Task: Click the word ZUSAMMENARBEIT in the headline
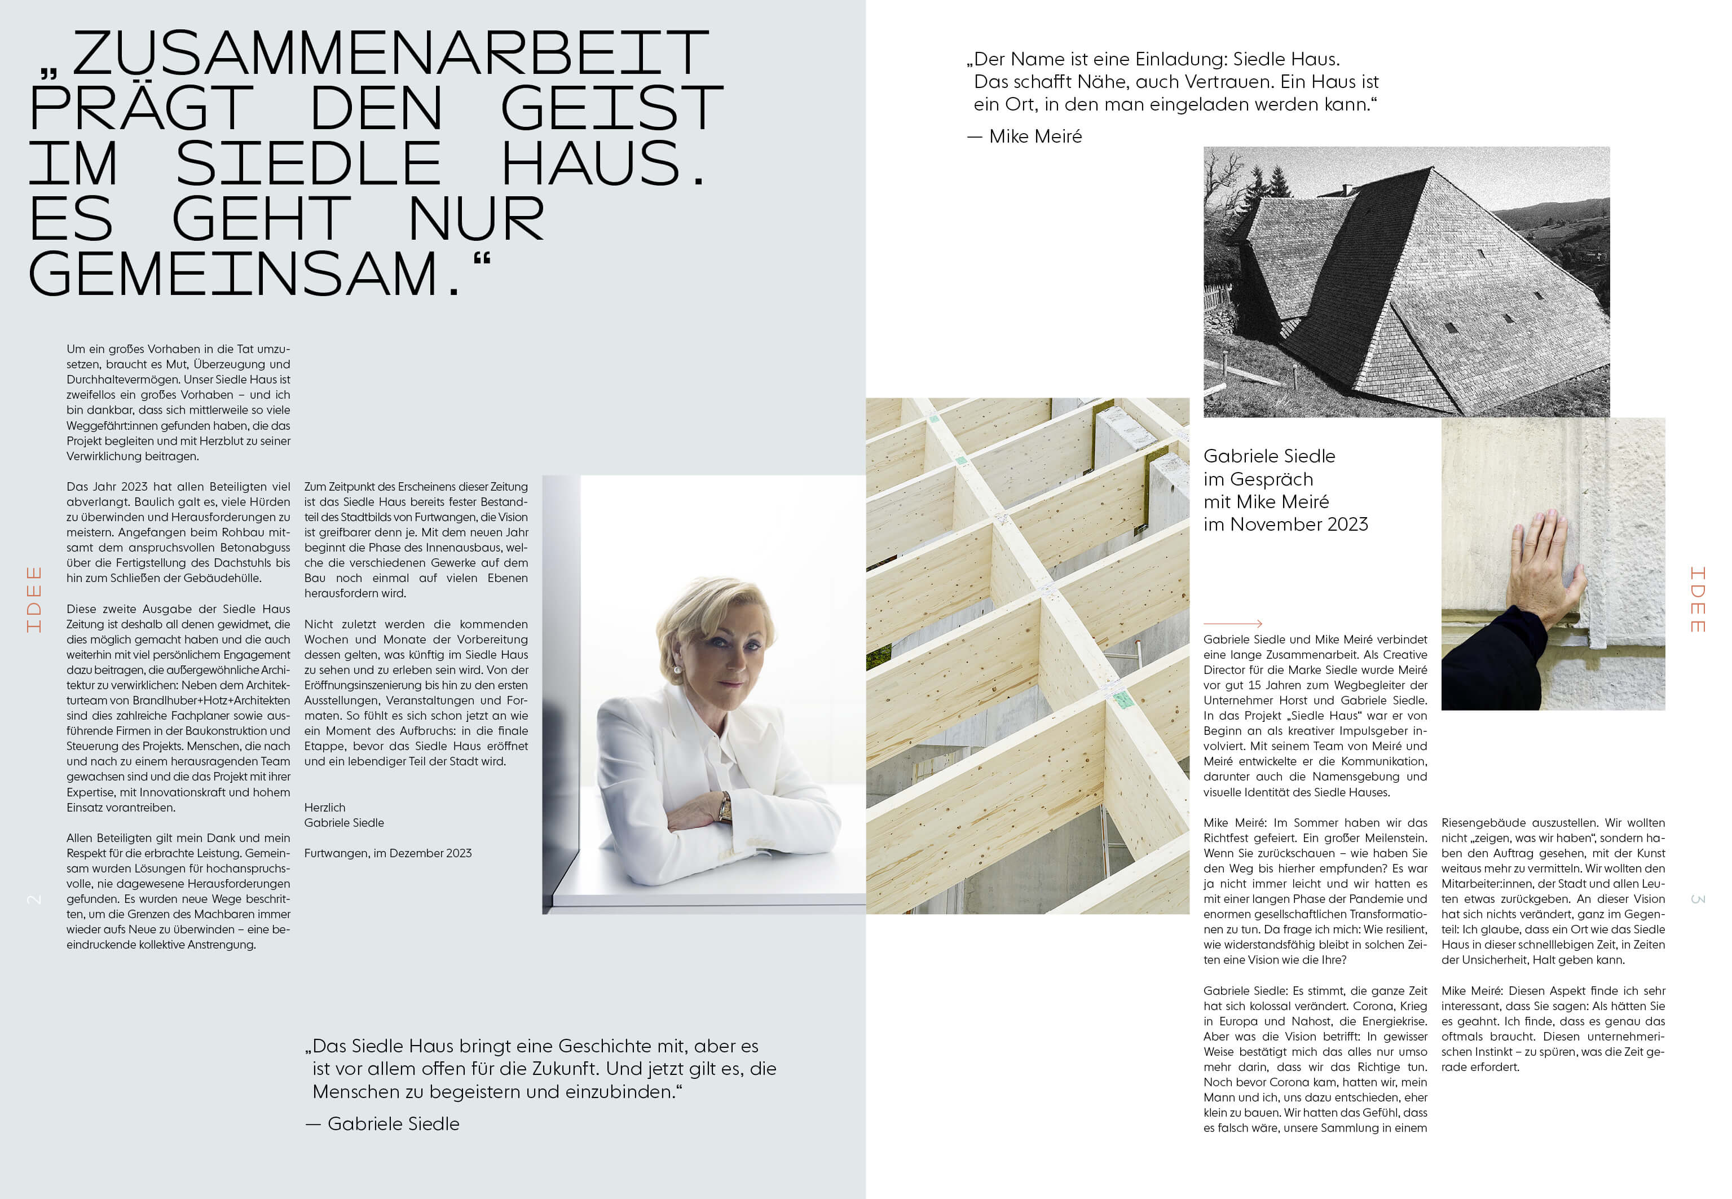click(x=391, y=54)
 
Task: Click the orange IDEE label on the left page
click(x=34, y=599)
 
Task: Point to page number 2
click(x=34, y=899)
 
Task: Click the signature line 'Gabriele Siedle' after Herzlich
click(x=344, y=823)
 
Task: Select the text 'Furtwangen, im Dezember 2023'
click(x=387, y=853)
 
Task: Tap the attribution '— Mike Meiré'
click(x=1026, y=136)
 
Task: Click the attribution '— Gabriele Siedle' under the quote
click(x=383, y=1124)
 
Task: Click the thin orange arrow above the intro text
click(x=1232, y=624)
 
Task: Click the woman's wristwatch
click(x=725, y=808)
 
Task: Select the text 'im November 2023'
click(x=1285, y=524)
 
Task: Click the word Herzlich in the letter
click(x=324, y=808)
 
